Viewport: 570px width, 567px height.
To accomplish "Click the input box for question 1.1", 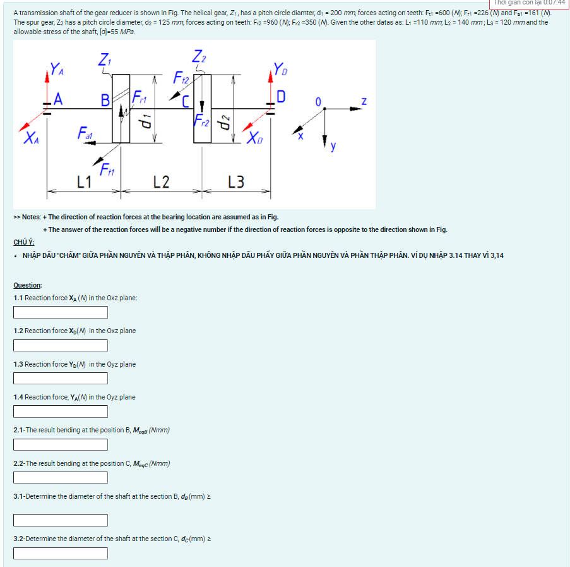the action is pos(61,312).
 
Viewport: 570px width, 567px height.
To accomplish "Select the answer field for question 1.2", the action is pos(61,345).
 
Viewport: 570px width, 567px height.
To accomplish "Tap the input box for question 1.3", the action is pos(61,379).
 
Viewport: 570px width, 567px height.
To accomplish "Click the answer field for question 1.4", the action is pos(61,412).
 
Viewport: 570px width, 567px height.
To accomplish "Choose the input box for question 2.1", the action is pos(61,445).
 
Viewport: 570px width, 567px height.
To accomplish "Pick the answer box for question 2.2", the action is pos(61,478).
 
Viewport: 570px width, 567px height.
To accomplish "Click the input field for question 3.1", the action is pos(61,520).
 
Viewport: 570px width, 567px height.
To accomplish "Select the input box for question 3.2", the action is pos(61,553).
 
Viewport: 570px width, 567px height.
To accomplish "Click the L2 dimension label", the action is pos(161,182).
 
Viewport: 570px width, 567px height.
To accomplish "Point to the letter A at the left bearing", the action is pos(58,99).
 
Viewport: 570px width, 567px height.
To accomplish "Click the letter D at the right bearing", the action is pos(281,97).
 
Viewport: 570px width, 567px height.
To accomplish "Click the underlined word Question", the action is pos(28,285).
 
